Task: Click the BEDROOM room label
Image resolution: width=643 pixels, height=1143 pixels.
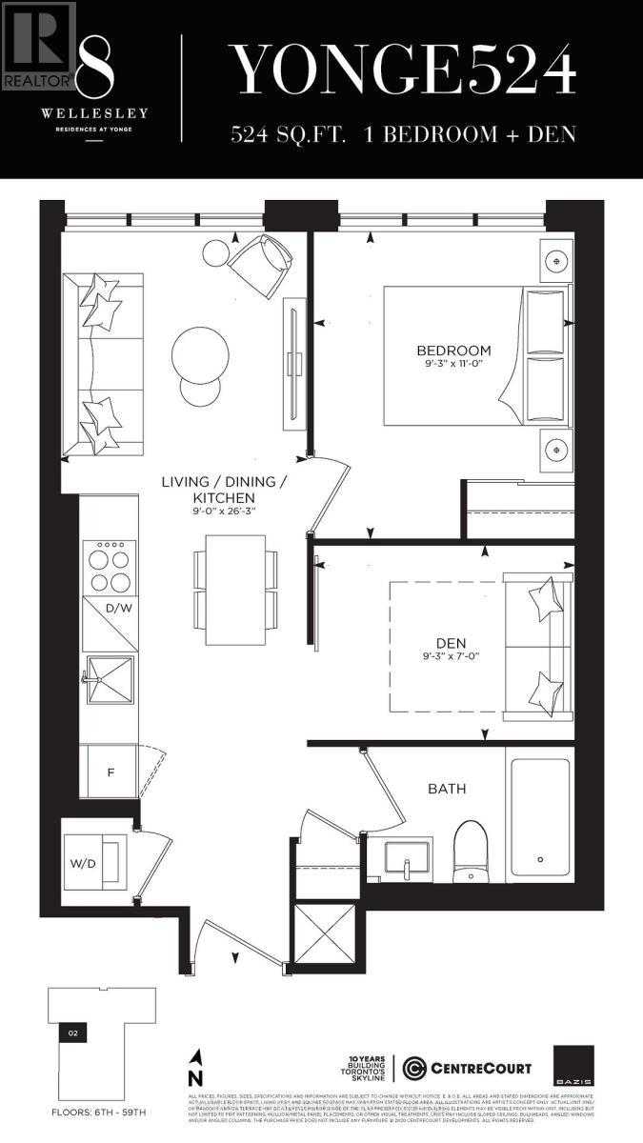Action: click(x=452, y=350)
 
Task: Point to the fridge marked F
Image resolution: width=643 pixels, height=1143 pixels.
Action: click(x=111, y=772)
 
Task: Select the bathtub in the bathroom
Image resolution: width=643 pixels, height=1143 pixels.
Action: click(x=539, y=816)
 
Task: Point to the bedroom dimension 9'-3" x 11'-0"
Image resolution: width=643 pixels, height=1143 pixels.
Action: click(x=452, y=366)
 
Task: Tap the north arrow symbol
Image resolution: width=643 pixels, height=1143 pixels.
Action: click(x=196, y=1068)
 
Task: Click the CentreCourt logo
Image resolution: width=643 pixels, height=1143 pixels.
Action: click(x=467, y=1069)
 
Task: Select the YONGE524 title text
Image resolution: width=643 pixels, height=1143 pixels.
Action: click(x=404, y=70)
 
